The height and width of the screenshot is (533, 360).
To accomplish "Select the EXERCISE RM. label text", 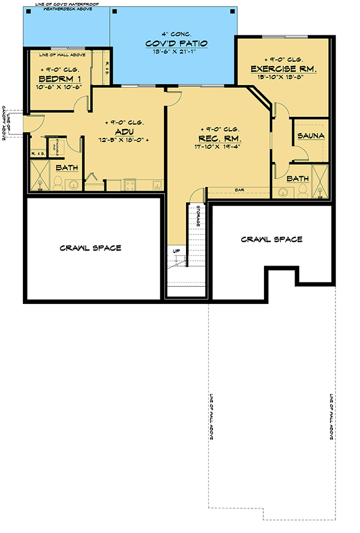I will point(283,69).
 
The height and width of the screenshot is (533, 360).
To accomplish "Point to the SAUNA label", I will point(311,136).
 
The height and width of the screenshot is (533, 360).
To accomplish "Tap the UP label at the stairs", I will point(176,251).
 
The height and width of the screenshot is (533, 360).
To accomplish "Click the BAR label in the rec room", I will point(239,190).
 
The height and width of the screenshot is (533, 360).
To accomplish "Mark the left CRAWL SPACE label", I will point(90,248).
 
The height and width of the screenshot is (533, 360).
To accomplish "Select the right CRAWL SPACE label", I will point(272,239).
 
